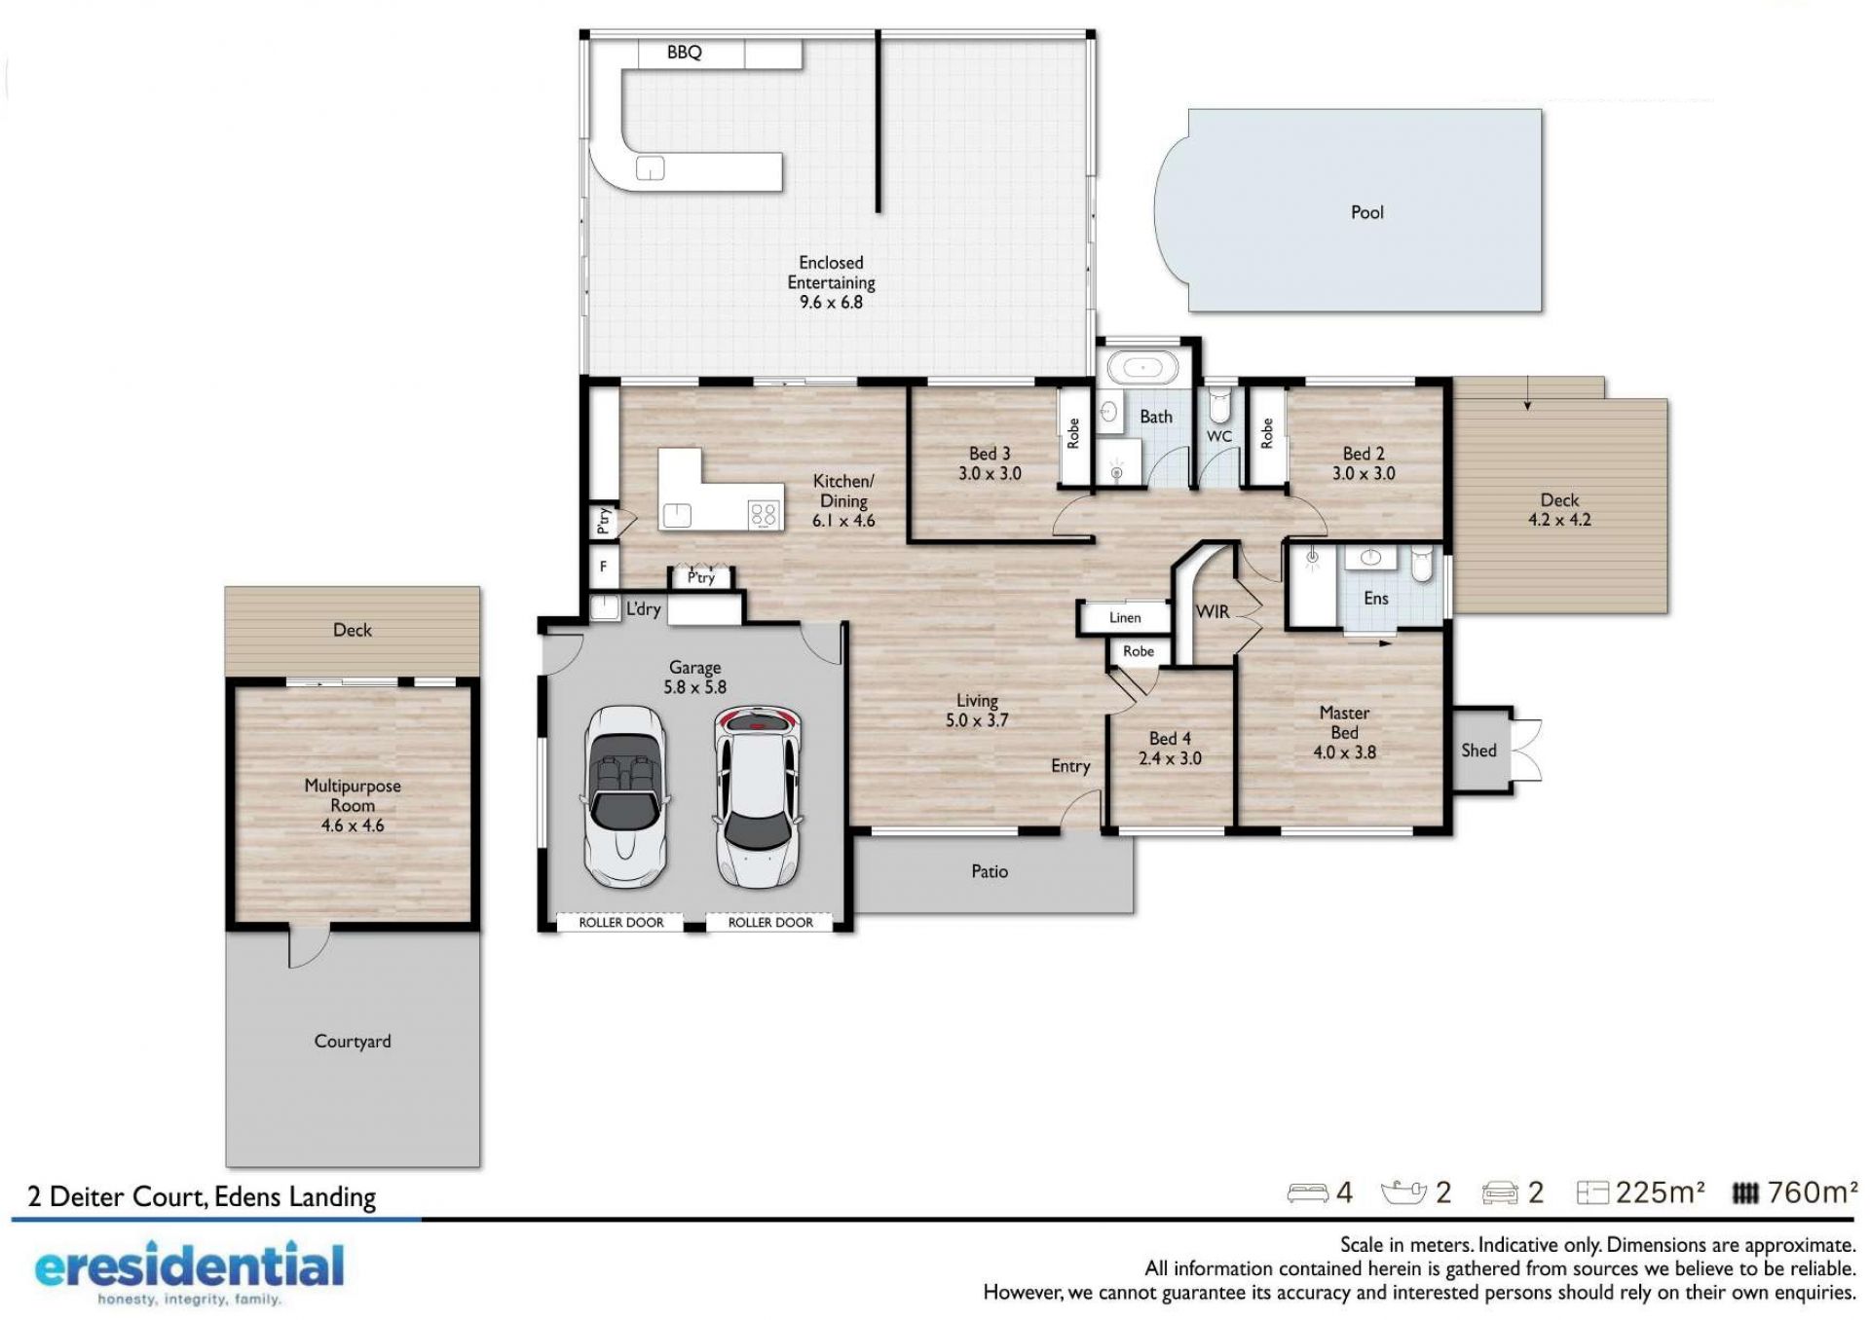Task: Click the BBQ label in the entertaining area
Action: click(x=684, y=53)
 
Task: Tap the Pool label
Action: click(x=1366, y=212)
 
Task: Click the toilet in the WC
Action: click(x=1219, y=405)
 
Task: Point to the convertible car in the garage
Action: click(x=625, y=795)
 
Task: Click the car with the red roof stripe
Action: click(x=758, y=796)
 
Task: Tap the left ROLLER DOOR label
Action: click(x=621, y=922)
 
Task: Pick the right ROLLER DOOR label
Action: click(x=770, y=922)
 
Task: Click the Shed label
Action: click(x=1478, y=751)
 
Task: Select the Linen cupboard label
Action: click(x=1125, y=617)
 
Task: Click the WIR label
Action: click(x=1213, y=611)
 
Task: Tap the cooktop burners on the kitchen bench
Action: click(x=764, y=514)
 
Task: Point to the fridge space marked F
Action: click(x=603, y=566)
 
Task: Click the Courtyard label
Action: click(x=353, y=1042)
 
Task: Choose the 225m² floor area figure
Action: click(x=1660, y=1192)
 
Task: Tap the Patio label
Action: click(x=990, y=871)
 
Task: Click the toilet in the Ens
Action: click(x=1423, y=564)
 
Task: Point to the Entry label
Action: click(x=1070, y=767)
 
